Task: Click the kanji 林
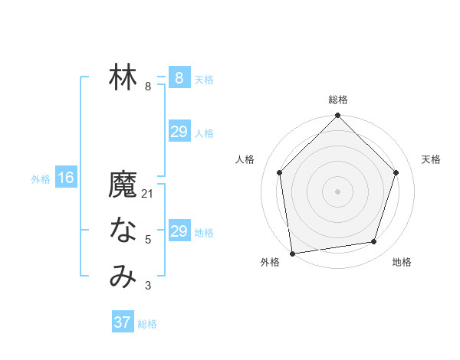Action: (123, 77)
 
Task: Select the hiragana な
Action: (123, 231)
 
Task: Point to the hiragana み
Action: (123, 277)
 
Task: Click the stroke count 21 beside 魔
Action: (148, 194)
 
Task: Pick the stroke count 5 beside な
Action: (148, 240)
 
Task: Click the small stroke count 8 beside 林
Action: (148, 87)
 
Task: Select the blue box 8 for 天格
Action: (179, 77)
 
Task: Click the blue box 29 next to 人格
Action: (179, 132)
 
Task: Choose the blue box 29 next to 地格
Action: (179, 231)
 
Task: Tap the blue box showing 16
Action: (66, 178)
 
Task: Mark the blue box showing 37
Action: (123, 322)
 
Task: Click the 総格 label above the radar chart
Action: (338, 100)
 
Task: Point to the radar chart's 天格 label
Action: (431, 159)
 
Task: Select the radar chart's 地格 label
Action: (402, 262)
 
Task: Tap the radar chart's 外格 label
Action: (270, 262)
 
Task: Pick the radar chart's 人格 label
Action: (245, 159)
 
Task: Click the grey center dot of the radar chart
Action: (337, 191)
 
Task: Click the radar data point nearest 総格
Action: (337, 116)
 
